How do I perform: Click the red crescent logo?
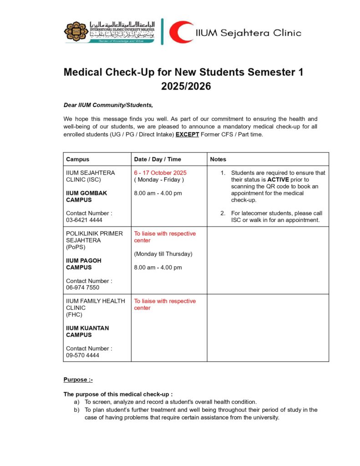pos(181,32)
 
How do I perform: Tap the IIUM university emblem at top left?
pos(76,31)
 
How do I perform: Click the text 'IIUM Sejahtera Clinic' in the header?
pos(248,32)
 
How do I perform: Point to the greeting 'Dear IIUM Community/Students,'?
pos(108,105)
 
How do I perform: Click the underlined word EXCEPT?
pos(187,135)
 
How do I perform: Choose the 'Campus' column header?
pos(77,159)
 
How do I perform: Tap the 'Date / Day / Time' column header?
pos(157,159)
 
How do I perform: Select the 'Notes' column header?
pos(218,159)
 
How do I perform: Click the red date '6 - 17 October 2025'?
pos(160,173)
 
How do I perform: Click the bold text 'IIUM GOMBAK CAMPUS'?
pos(86,197)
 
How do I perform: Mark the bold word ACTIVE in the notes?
pos(278,180)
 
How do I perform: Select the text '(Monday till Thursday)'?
pos(163,254)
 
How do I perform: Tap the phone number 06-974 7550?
pos(82,288)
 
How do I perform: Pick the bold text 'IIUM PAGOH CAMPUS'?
pos(84,264)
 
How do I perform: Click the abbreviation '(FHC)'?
pos(74,314)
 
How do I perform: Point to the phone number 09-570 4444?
pos(82,355)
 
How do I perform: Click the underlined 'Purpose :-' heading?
pos(78,380)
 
